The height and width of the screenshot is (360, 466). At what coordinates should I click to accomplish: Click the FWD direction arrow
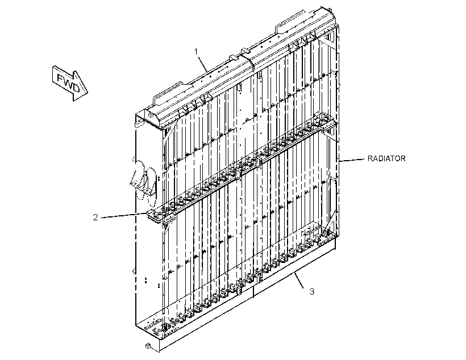click(70, 83)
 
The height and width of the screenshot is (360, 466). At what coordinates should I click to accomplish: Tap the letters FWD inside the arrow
click(68, 82)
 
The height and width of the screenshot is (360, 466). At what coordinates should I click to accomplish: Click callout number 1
click(196, 51)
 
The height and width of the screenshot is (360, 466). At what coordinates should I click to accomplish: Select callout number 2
click(95, 217)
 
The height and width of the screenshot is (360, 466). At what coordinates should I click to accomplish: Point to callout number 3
click(311, 291)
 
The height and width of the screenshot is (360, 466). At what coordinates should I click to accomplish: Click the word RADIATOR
click(386, 158)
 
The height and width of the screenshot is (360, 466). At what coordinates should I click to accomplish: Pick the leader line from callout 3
click(299, 280)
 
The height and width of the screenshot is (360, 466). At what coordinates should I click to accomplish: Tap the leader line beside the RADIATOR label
click(352, 160)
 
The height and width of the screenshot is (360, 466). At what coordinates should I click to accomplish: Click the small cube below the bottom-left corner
click(148, 345)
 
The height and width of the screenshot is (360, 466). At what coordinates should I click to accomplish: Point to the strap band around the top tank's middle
click(248, 61)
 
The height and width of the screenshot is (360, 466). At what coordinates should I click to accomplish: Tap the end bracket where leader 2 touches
click(155, 215)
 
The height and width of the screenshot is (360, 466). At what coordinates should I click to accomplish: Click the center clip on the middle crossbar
click(259, 162)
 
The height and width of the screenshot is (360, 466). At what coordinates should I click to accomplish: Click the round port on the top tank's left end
click(151, 113)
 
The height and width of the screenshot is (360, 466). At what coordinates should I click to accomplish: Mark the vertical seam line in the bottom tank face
click(253, 292)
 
